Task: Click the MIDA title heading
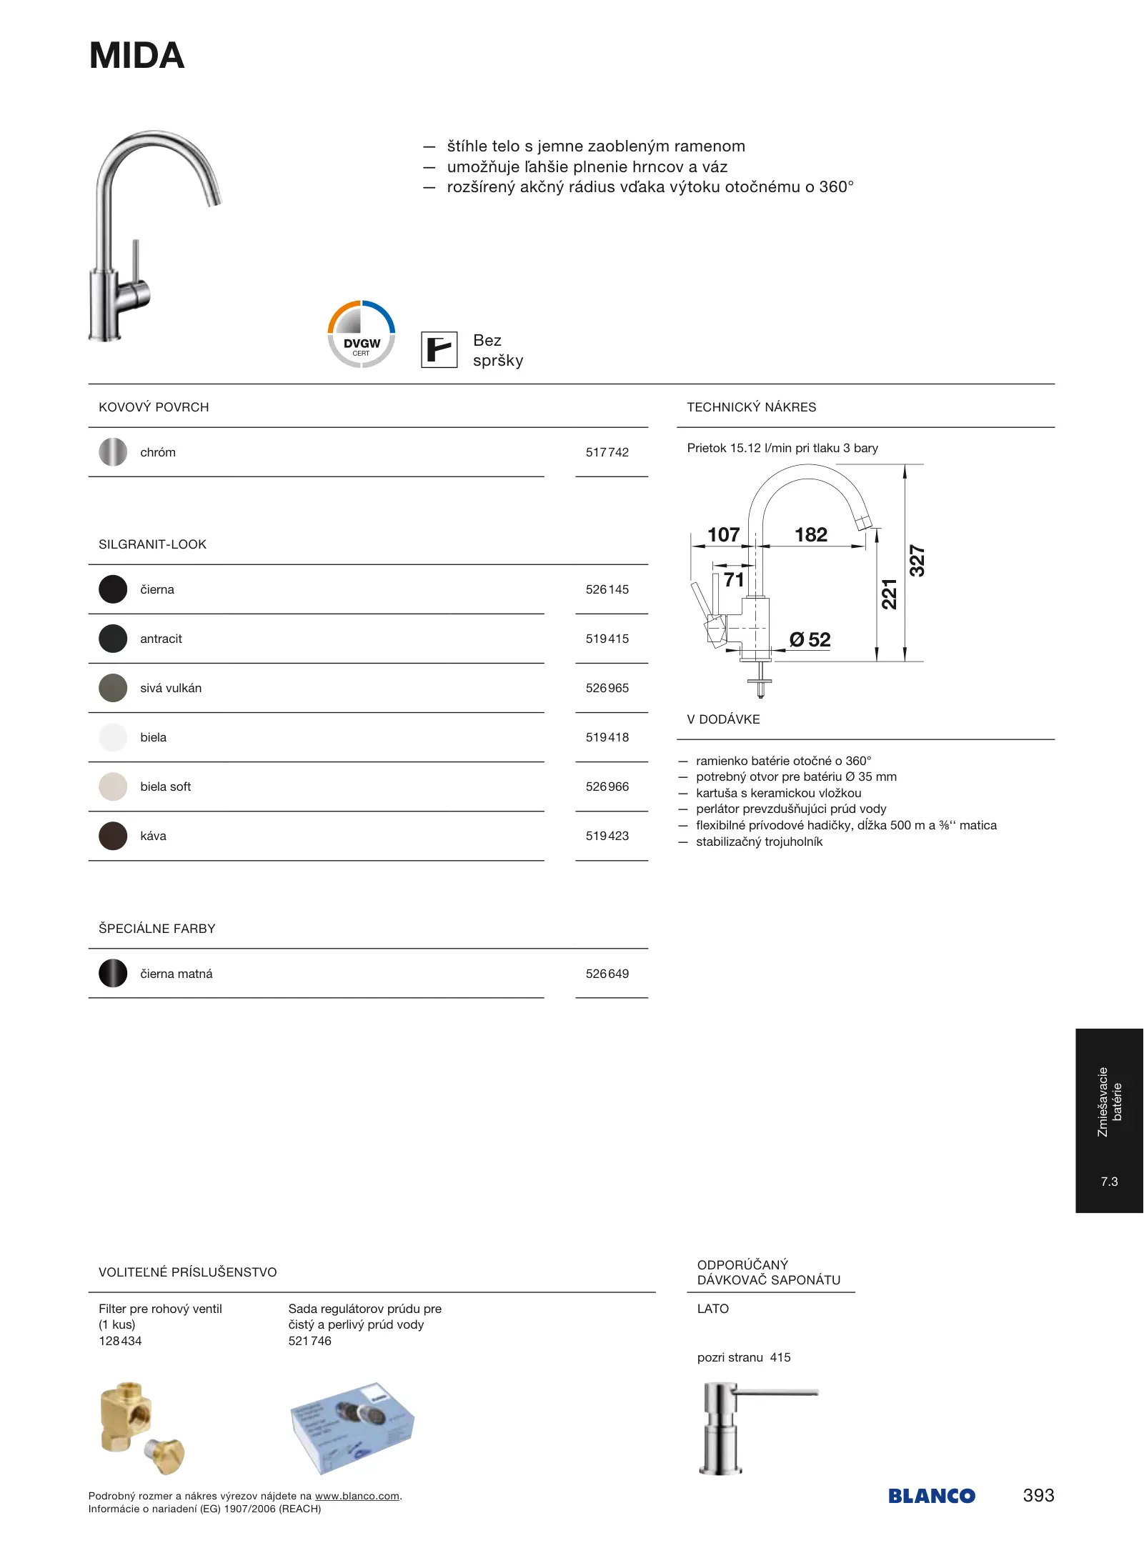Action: pyautogui.click(x=137, y=56)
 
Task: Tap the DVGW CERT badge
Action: pyautogui.click(x=362, y=334)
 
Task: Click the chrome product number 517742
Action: pyautogui.click(x=607, y=452)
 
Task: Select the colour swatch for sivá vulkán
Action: pyautogui.click(x=113, y=688)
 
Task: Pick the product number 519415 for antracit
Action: pyautogui.click(x=607, y=639)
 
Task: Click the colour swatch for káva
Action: pyautogui.click(x=113, y=836)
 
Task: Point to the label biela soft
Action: pyautogui.click(x=166, y=787)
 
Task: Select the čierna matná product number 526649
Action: pyautogui.click(x=607, y=974)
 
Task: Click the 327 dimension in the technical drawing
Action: pyautogui.click(x=917, y=561)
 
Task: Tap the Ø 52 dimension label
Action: pyautogui.click(x=810, y=640)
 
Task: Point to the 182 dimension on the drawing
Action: pyautogui.click(x=811, y=534)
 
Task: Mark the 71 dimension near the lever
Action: pyautogui.click(x=734, y=579)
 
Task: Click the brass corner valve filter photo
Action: pyautogui.click(x=141, y=1428)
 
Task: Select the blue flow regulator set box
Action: pyautogui.click(x=352, y=1428)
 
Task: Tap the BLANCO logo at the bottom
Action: pyautogui.click(x=932, y=1496)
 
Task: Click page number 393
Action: pyautogui.click(x=1038, y=1495)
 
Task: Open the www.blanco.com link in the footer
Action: pyautogui.click(x=357, y=1496)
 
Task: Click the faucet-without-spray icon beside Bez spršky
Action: pyautogui.click(x=439, y=350)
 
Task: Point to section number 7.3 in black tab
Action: pyautogui.click(x=1109, y=1182)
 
